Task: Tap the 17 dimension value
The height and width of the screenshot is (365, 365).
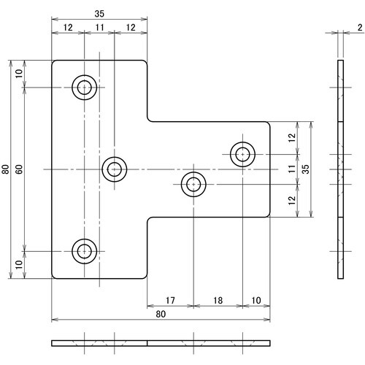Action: click(x=169, y=300)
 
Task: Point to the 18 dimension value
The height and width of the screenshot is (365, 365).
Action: click(x=218, y=300)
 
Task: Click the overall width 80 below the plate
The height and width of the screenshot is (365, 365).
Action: click(x=161, y=314)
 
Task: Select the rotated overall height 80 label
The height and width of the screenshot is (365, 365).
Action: click(x=6, y=169)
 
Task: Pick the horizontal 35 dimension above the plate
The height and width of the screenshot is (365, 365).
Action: click(x=101, y=14)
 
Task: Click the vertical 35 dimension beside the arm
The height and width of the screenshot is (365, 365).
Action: click(x=307, y=169)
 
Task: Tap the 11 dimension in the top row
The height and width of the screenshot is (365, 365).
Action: click(x=100, y=27)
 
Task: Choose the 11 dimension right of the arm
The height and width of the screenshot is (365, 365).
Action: click(x=291, y=169)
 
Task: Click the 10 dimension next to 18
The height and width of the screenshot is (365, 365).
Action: click(x=255, y=300)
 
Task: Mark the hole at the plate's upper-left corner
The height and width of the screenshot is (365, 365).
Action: click(x=85, y=88)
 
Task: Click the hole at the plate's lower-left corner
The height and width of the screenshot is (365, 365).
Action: click(x=85, y=251)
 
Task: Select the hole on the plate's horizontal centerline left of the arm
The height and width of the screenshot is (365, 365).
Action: click(x=114, y=169)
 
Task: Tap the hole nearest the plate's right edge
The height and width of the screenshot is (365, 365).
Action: click(x=242, y=154)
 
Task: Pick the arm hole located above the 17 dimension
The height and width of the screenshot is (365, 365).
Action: click(x=193, y=184)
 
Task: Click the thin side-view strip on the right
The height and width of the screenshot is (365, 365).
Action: click(x=339, y=169)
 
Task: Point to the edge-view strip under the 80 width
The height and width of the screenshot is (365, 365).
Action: click(x=161, y=342)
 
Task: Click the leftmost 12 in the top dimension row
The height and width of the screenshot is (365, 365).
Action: click(x=68, y=27)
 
